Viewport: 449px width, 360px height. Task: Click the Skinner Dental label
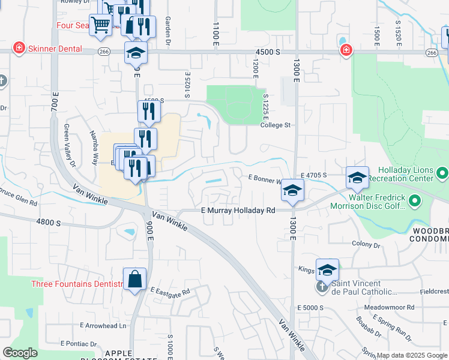pyautogui.click(x=51, y=47)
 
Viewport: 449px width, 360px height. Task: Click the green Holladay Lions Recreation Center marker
pyautogui.click(x=443, y=174)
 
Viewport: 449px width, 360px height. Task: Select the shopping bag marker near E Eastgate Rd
pyautogui.click(x=135, y=280)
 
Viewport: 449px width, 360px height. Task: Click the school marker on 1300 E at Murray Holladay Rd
pyautogui.click(x=292, y=191)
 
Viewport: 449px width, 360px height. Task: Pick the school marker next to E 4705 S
pyautogui.click(x=357, y=178)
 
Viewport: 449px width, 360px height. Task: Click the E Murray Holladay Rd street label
pyautogui.click(x=238, y=211)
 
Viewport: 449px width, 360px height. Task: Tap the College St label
pyautogui.click(x=275, y=125)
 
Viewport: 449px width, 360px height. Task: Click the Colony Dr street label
pyautogui.click(x=366, y=245)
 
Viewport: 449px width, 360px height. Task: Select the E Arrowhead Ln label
pyautogui.click(x=103, y=326)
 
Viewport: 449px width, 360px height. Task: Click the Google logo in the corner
pyautogui.click(x=20, y=353)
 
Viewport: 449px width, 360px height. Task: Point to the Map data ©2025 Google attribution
pyautogui.click(x=411, y=355)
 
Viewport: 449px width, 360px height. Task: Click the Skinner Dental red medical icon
pyautogui.click(x=19, y=47)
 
